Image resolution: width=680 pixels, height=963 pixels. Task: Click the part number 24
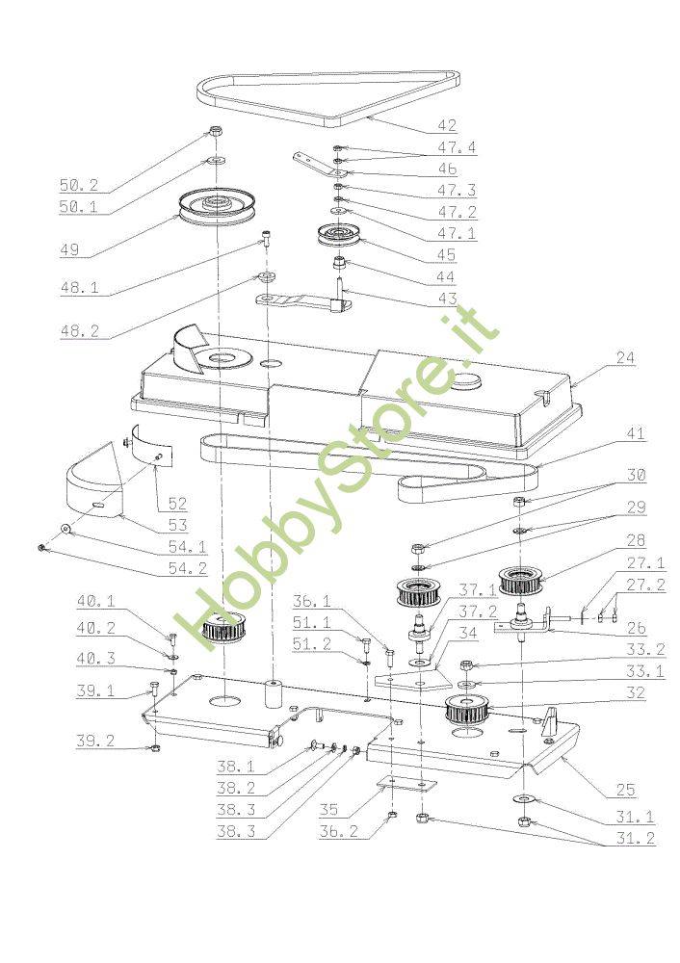point(625,358)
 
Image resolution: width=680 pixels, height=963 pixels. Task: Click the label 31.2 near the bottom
point(632,839)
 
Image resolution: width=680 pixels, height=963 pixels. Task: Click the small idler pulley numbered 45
point(339,235)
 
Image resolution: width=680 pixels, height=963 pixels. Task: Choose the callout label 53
point(176,525)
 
